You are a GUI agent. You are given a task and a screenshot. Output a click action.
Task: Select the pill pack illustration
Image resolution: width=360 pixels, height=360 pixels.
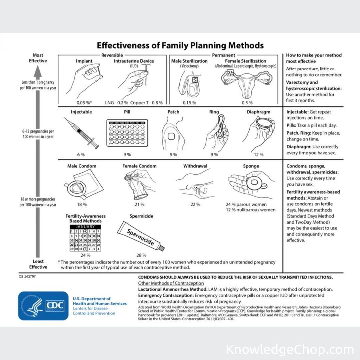point(127,133)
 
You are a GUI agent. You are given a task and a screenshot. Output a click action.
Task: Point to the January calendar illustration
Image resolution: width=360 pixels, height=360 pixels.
point(85,238)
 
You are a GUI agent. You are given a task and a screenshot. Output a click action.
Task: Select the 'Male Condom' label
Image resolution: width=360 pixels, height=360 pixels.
point(82,166)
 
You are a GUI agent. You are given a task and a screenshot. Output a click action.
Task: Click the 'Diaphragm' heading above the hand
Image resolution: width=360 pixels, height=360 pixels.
point(258,112)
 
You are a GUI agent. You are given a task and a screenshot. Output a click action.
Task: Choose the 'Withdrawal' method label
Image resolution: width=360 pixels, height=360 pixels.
point(195,166)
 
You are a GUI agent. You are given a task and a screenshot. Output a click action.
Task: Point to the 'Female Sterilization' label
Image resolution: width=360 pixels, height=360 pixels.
point(246,61)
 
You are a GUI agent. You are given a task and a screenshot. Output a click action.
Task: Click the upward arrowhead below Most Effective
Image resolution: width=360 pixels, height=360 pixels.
point(38,72)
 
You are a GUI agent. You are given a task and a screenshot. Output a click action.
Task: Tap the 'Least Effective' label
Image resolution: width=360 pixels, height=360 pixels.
point(38,264)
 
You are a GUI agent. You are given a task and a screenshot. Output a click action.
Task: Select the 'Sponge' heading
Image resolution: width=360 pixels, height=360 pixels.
point(251,166)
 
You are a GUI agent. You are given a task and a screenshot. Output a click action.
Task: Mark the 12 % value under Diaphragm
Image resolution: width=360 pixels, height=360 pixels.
point(258,154)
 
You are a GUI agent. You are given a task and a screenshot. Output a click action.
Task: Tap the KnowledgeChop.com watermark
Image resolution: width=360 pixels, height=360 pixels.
point(290,350)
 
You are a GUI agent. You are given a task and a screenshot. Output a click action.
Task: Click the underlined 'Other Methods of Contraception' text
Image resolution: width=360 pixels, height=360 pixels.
point(171,283)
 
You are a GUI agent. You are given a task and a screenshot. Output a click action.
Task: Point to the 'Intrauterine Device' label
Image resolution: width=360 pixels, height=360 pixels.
point(134,61)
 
